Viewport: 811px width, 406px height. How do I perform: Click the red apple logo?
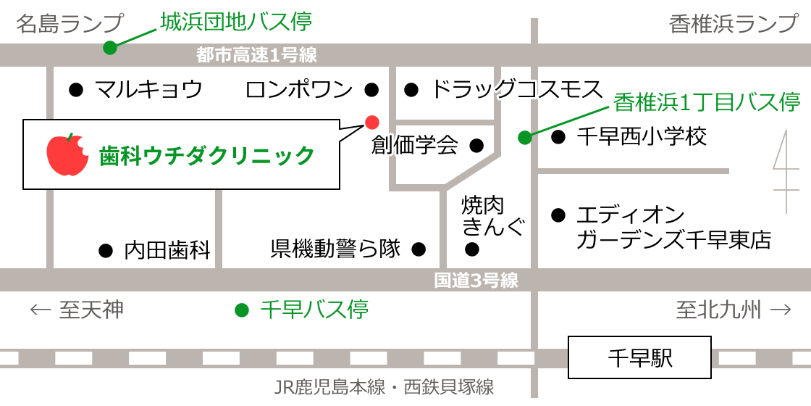coord(67,154)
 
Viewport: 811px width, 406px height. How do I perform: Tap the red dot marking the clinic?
coord(371,120)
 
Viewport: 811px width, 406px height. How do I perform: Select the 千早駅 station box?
coord(639,357)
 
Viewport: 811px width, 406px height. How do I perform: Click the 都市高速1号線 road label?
coord(256,54)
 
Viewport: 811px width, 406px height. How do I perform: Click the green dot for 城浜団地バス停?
coord(109,48)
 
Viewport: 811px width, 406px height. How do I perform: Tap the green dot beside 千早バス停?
coord(242,310)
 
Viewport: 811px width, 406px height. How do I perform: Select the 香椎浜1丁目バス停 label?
coord(706,102)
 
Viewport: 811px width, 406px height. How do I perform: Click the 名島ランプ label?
coord(70,23)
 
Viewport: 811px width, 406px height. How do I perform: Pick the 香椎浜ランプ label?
coord(733,23)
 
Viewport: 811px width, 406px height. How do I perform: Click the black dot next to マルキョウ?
coord(75,90)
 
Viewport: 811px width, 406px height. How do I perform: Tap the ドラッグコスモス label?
coord(516,90)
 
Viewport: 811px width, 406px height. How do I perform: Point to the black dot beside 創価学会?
coord(476,146)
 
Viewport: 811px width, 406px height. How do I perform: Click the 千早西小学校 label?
coord(642,136)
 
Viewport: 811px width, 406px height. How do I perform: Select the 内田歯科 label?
coord(167,250)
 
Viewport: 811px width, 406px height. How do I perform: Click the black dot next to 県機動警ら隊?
coord(419,250)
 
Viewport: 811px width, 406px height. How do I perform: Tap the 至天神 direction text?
coord(77,310)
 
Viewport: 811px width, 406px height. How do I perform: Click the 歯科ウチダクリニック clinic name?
coord(207,155)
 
